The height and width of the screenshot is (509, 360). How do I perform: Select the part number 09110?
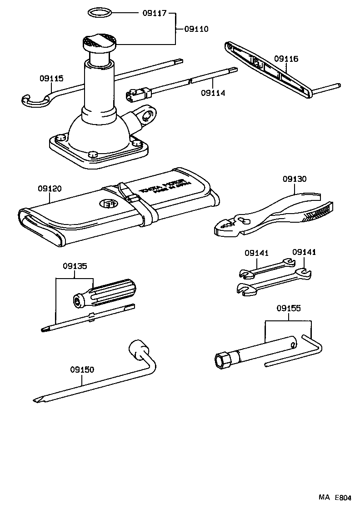point(196,29)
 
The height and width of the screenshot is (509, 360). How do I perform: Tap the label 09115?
point(51,78)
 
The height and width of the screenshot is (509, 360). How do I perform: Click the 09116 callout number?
point(286,59)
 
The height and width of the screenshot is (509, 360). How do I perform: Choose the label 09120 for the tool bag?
point(50,188)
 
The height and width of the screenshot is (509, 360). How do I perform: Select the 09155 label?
point(288,309)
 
